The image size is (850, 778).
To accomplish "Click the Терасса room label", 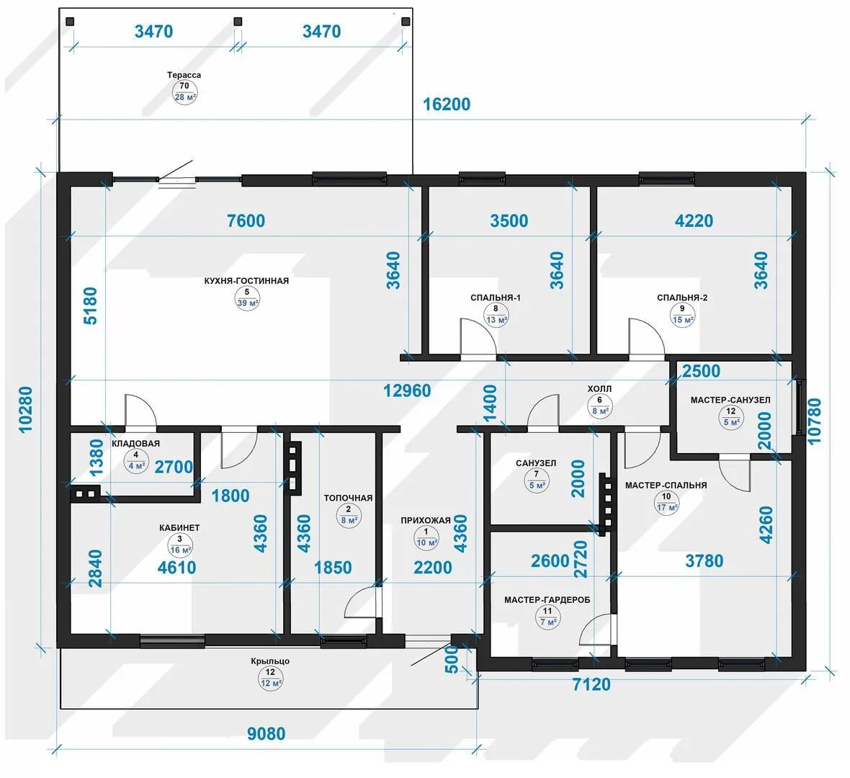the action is [184, 75].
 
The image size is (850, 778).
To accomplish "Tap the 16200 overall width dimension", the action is [447, 104].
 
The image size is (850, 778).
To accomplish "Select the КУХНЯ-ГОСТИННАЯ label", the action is [246, 281].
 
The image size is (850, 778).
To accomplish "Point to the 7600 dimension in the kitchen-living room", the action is [246, 220].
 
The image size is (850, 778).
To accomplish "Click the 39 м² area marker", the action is [247, 303].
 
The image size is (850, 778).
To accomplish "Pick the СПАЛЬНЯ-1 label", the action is [496, 298].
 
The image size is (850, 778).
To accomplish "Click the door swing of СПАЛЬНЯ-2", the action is [647, 337].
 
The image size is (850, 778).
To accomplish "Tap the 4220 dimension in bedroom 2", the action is [694, 220].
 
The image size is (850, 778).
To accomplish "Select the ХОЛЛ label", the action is [599, 389].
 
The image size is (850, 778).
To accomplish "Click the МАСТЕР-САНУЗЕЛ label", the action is [730, 400].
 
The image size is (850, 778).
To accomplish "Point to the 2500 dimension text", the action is [701, 371].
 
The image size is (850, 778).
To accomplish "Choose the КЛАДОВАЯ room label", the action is [135, 444].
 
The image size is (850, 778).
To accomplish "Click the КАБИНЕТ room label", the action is [179, 527].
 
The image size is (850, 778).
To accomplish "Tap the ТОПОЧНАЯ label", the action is [348, 498].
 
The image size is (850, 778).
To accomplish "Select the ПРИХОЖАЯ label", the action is [426, 521].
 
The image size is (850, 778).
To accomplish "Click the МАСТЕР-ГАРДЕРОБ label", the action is [547, 600].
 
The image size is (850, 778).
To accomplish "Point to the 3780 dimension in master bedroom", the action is [704, 560].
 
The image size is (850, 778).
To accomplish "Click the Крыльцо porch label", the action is [270, 661].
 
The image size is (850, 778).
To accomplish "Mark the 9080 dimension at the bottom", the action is [267, 733].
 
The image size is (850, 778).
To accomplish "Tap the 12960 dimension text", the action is [407, 390].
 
